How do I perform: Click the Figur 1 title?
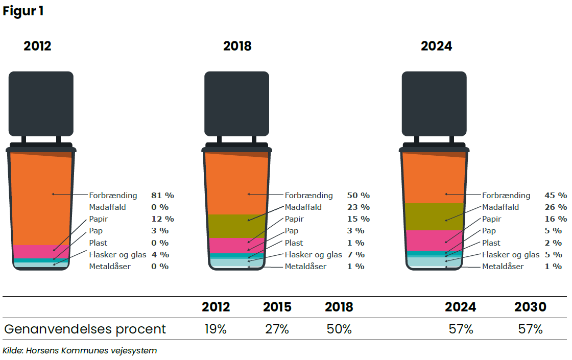(23, 11)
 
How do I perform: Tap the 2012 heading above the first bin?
(37, 46)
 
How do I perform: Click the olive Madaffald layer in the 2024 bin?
(434, 217)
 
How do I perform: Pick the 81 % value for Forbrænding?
(162, 195)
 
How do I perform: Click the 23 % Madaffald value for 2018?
(358, 207)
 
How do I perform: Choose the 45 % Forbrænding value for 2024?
(555, 195)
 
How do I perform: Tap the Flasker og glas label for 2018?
(313, 254)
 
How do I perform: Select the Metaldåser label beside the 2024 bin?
(503, 266)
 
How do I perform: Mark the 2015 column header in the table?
(277, 307)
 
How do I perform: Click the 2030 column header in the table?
(530, 307)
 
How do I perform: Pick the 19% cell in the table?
(216, 329)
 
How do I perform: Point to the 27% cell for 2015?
(277, 329)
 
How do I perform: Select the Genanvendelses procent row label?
(85, 329)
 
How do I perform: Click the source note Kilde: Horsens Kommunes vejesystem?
(80, 351)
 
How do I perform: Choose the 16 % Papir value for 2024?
(555, 219)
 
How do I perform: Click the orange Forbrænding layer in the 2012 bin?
(41, 199)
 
